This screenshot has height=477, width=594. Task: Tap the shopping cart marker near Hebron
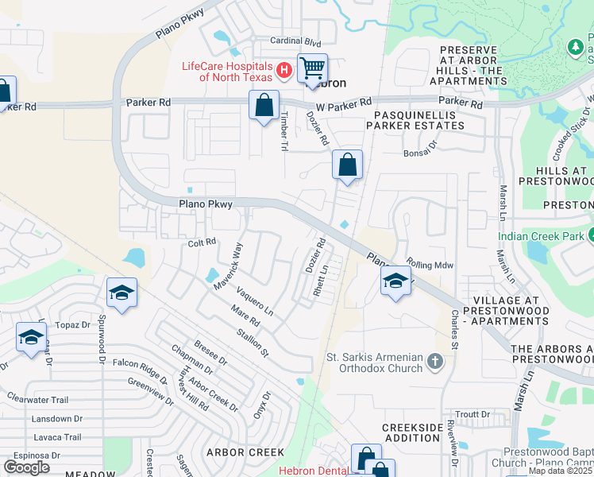click(x=313, y=68)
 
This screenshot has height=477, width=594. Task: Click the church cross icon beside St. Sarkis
click(x=434, y=363)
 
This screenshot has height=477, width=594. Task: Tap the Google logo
click(x=27, y=467)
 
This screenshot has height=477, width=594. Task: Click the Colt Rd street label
click(x=202, y=242)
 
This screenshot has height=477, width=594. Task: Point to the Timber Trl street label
click(x=283, y=128)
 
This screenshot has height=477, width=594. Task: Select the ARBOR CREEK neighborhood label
click(x=240, y=452)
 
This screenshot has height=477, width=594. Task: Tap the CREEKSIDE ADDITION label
click(x=411, y=433)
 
